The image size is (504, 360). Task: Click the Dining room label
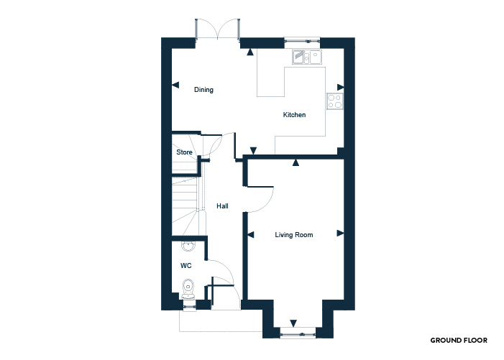203,90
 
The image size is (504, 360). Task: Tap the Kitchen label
294,115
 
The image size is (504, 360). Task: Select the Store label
184,152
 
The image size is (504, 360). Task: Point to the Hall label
222,206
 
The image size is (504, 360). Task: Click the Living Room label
294,235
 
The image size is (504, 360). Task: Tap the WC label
185,266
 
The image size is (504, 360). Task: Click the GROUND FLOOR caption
459,340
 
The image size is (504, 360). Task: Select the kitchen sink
307,57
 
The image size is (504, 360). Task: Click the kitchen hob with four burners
335,101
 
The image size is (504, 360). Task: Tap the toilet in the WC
188,289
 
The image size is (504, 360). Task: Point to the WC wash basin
188,246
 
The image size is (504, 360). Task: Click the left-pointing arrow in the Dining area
175,85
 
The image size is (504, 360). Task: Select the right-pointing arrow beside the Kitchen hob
340,87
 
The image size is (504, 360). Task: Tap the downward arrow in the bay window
293,323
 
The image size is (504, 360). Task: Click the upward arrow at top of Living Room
295,162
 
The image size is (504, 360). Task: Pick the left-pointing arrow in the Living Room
251,235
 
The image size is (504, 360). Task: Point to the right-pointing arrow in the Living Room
340,233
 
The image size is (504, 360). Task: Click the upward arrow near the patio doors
250,52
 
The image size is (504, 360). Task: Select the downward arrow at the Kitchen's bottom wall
253,150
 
